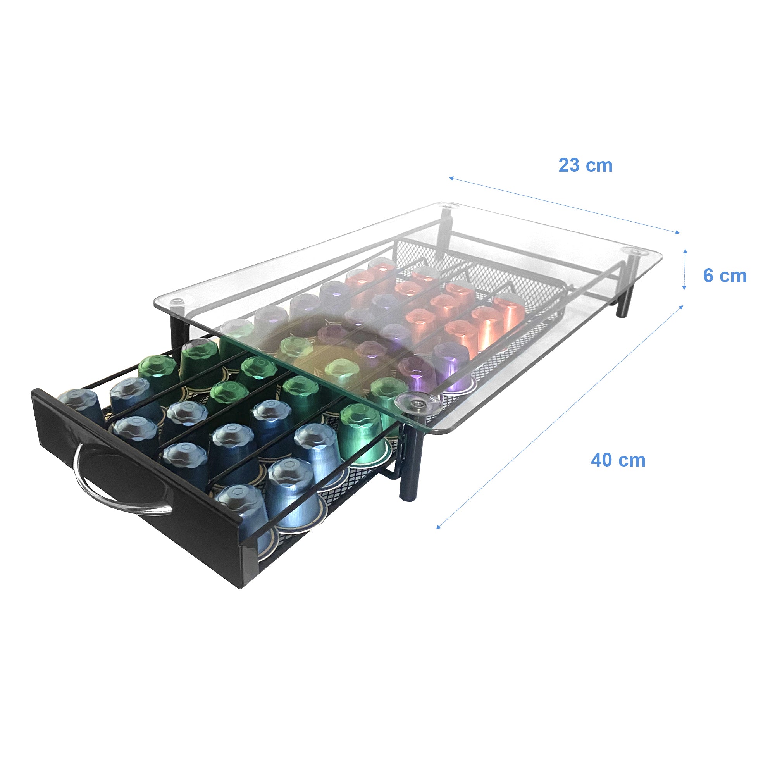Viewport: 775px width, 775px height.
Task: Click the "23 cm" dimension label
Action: (585, 166)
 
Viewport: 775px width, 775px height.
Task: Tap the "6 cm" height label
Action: (725, 276)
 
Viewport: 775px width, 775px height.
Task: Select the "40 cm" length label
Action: (618, 460)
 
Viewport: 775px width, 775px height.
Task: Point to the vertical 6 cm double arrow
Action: (685, 269)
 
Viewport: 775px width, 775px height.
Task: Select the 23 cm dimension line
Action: (563, 205)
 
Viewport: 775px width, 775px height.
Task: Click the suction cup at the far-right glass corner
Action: (635, 251)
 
